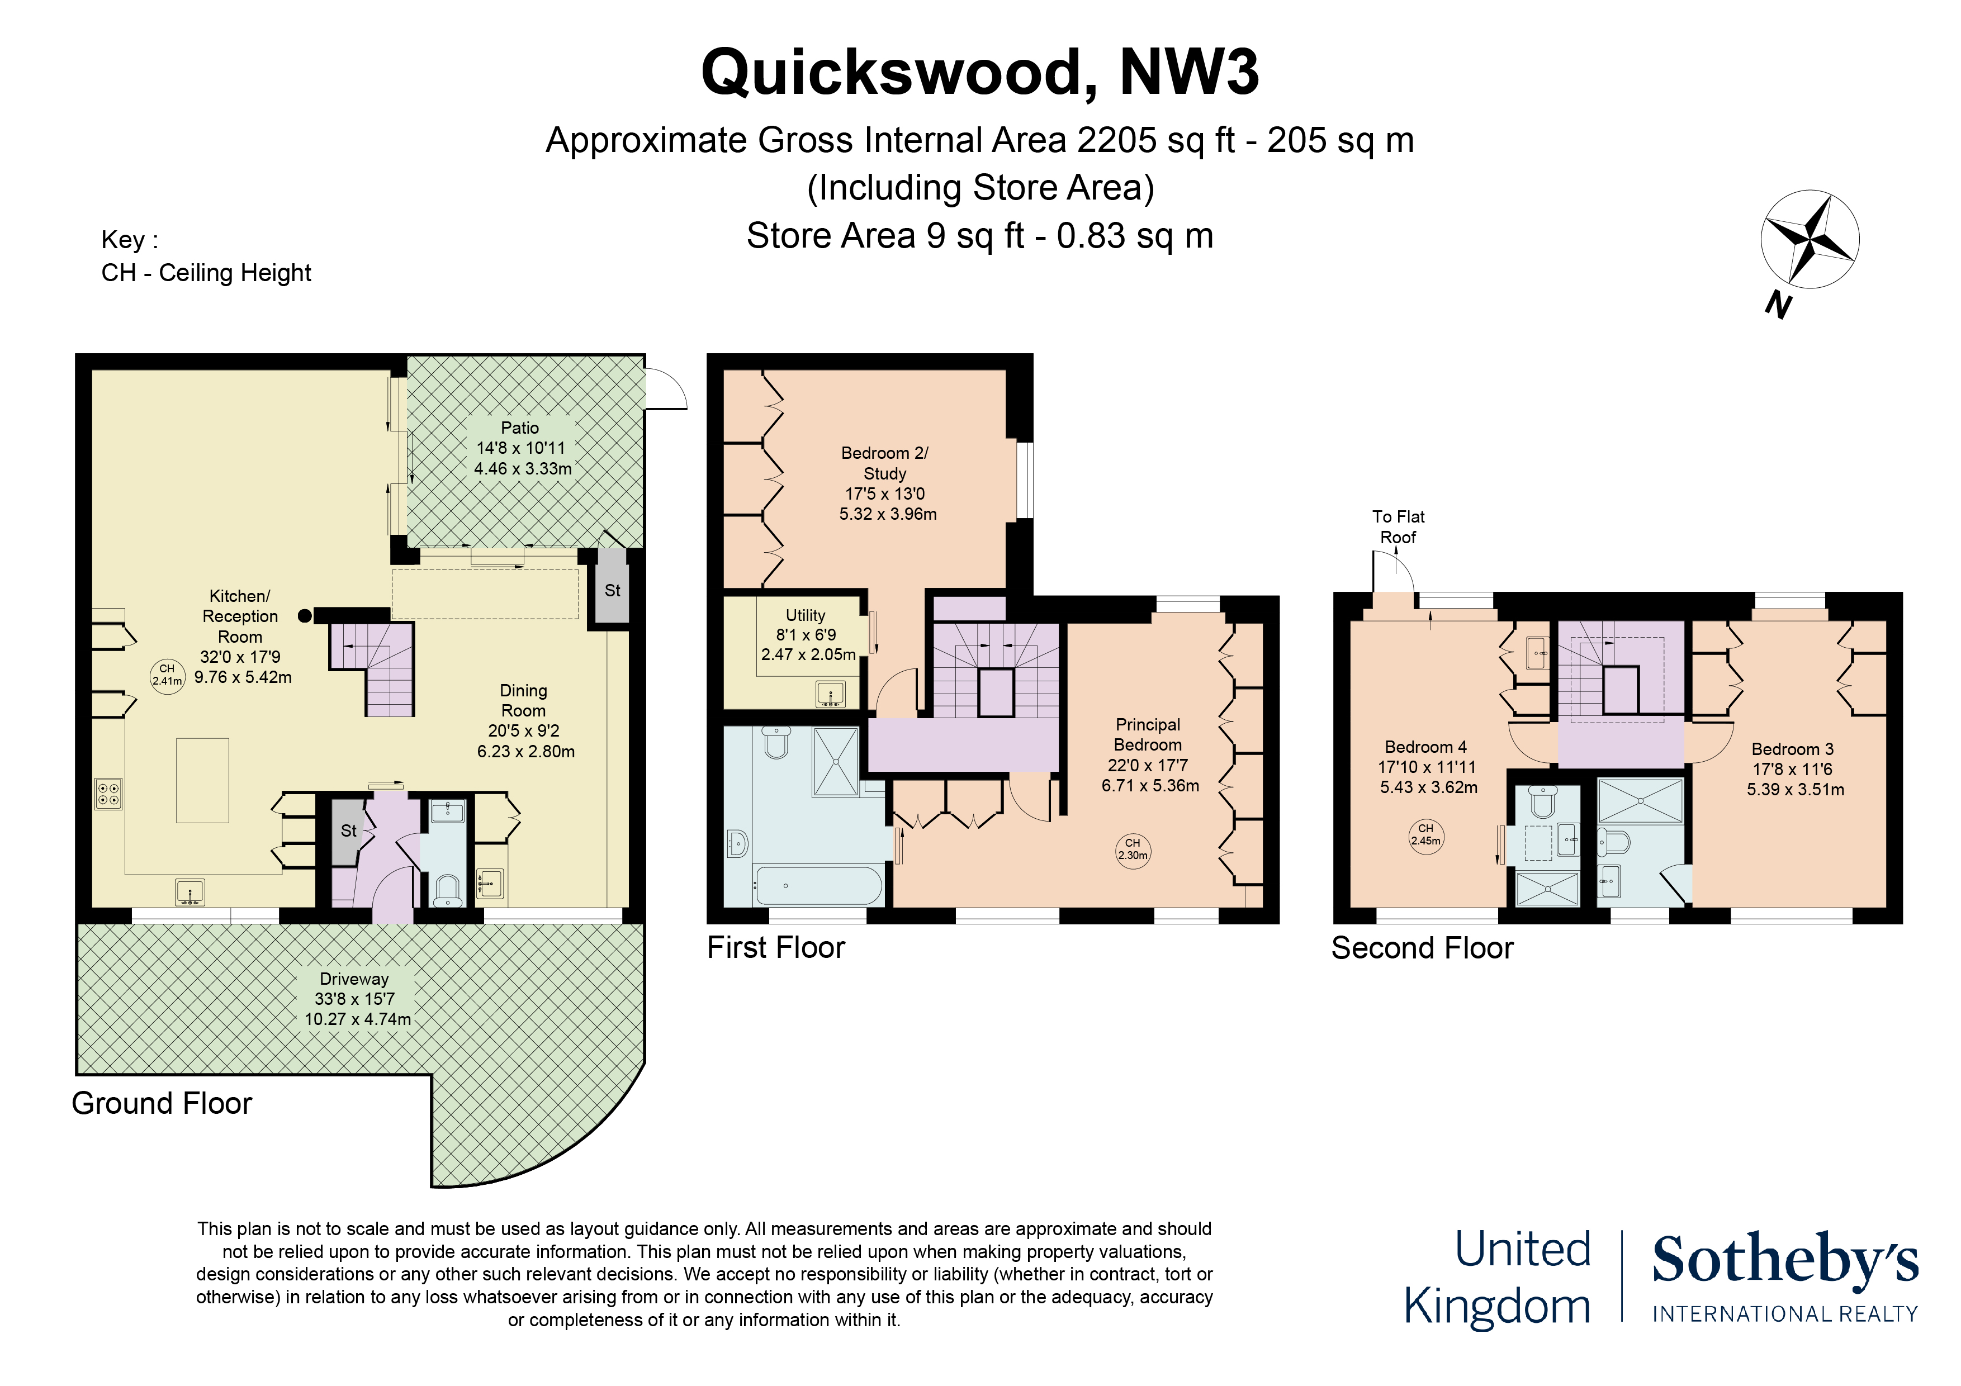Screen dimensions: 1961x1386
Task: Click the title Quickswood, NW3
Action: [979, 73]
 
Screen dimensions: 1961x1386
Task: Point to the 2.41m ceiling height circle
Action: [167, 676]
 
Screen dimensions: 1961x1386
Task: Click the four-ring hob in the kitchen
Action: [108, 794]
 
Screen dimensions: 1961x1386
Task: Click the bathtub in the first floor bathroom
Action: [818, 886]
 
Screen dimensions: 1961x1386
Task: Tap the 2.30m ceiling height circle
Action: [1133, 849]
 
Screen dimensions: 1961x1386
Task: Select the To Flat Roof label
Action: [1398, 527]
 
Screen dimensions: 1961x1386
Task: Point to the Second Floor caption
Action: [1422, 948]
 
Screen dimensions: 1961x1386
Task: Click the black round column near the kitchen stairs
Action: [305, 616]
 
